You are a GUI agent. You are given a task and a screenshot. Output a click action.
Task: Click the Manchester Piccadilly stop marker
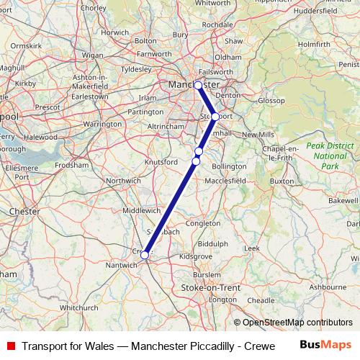198,85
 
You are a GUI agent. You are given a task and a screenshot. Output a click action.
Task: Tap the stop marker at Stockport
215,116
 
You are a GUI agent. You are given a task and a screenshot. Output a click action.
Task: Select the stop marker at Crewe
145,255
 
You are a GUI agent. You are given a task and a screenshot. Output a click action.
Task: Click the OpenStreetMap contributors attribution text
293,323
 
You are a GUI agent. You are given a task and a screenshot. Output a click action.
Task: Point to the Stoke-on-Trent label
201,287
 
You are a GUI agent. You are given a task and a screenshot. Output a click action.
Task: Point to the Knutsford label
161,162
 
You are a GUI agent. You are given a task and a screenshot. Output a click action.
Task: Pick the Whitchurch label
78,307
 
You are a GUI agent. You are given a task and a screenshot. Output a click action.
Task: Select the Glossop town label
272,101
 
